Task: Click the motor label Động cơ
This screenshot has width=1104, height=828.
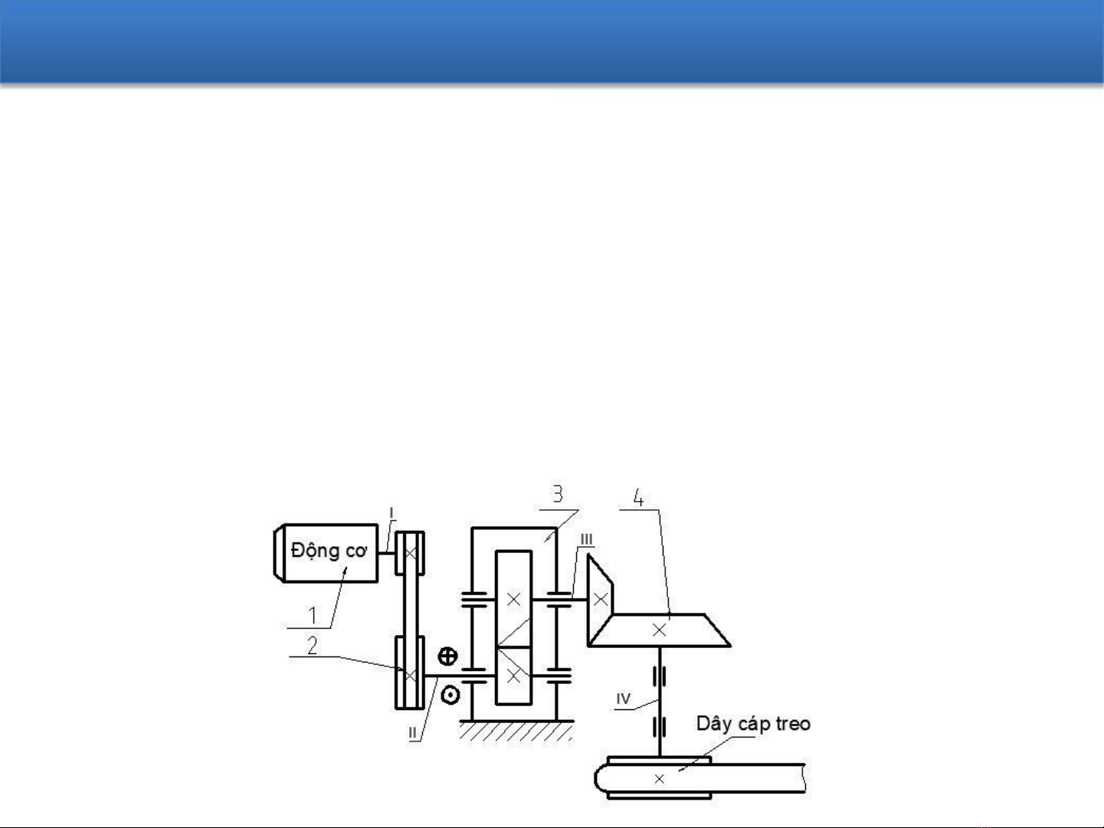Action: pos(329,551)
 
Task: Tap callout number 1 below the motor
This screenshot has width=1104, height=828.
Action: pos(313,615)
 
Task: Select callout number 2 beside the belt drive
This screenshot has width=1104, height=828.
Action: pos(313,645)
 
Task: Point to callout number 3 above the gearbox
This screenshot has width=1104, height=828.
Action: pos(558,494)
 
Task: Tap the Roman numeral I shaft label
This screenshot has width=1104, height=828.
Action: pos(391,513)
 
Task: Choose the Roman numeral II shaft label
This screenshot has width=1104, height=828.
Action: pos(412,732)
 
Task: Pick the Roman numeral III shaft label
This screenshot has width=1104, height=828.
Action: pos(586,539)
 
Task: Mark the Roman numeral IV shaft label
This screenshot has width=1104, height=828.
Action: pos(623,699)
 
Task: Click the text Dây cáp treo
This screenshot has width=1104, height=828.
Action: pos(753,725)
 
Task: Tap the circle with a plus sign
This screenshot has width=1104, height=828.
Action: pos(447,656)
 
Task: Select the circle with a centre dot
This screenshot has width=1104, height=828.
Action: pos(450,695)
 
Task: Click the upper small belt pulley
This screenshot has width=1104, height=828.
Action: pos(410,553)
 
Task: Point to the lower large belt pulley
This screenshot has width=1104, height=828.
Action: pos(410,673)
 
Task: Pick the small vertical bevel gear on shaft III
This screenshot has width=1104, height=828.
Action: pos(600,599)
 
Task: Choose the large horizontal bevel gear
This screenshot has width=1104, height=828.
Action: pos(660,630)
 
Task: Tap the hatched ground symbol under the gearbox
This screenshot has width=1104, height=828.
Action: pos(516,731)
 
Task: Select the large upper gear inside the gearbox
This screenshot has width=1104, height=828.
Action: pos(513,599)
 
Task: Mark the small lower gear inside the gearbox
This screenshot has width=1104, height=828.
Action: pos(513,676)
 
